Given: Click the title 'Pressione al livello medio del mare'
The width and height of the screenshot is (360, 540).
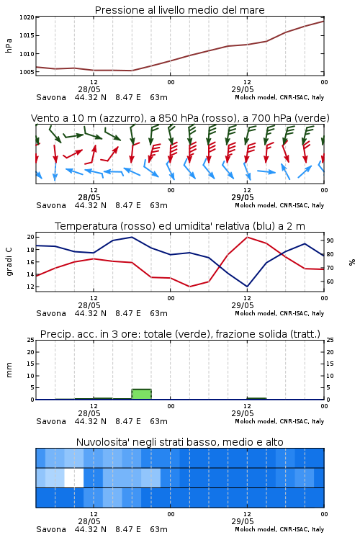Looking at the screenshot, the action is click(x=179, y=10).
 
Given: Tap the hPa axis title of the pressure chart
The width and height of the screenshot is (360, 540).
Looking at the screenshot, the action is click(x=9, y=45).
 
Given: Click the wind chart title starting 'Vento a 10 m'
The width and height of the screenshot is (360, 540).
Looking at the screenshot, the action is click(x=180, y=118).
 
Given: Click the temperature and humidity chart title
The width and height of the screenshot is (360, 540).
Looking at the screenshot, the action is click(x=180, y=226).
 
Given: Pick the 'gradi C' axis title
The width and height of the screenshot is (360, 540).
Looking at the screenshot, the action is click(x=9, y=262).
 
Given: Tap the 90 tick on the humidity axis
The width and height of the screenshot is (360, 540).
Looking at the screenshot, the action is click(x=330, y=240).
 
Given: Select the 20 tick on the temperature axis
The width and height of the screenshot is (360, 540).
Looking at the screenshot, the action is click(x=31, y=237).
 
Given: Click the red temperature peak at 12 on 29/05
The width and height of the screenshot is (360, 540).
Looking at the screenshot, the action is click(x=248, y=238).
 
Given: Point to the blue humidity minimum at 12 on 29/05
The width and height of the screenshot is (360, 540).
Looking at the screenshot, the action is click(x=247, y=286).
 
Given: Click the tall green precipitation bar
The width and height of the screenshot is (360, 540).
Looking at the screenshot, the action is click(x=142, y=394).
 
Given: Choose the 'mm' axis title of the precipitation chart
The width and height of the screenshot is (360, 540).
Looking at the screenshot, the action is click(x=9, y=370).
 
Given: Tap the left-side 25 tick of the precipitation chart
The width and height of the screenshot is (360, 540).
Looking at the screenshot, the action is click(x=31, y=340).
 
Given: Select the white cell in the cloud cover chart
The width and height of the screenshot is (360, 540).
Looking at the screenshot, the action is click(x=74, y=477).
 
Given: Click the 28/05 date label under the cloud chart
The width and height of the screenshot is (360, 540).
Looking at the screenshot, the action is click(x=89, y=521).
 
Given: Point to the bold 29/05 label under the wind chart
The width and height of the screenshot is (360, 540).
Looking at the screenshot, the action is click(x=243, y=197).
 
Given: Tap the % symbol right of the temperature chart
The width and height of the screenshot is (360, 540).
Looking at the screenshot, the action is click(x=352, y=262).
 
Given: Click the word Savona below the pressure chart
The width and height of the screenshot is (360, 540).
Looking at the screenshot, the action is click(x=51, y=97).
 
